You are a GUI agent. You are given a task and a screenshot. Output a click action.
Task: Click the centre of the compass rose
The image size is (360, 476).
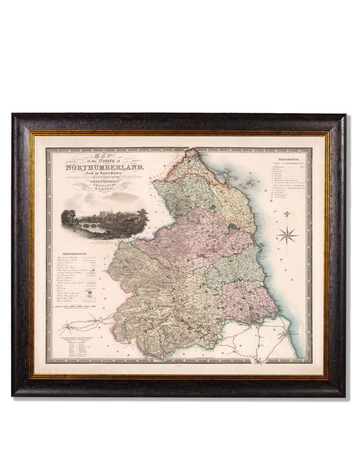[287, 235]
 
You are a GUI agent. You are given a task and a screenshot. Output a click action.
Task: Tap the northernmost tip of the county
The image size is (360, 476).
[191, 149]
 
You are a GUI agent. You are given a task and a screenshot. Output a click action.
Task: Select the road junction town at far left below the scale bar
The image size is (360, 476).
[65, 329]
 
